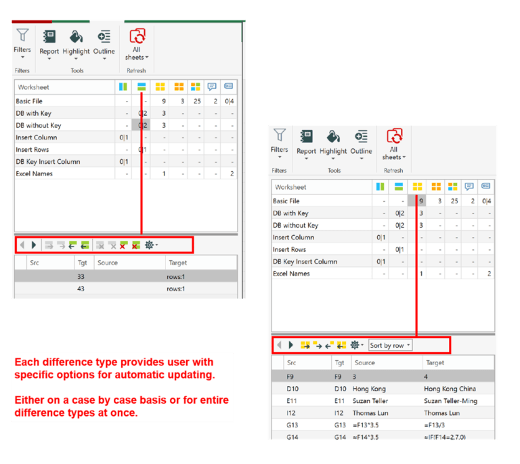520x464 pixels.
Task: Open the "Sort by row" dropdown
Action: pyautogui.click(x=391, y=345)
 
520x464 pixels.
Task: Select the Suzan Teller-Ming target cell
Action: pyautogui.click(x=450, y=401)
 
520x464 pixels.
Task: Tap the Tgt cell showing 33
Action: pyautogui.click(x=81, y=276)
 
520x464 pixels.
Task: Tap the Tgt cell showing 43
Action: pyautogui.click(x=81, y=289)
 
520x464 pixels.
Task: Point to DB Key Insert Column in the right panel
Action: pyautogui.click(x=305, y=262)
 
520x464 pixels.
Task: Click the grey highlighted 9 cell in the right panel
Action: pyautogui.click(x=421, y=201)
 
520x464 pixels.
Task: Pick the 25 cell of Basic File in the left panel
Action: pyautogui.click(x=196, y=102)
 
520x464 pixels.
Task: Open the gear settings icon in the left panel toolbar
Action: pyautogui.click(x=150, y=245)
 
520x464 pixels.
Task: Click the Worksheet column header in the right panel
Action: pyautogui.click(x=290, y=187)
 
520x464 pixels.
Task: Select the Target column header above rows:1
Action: pyautogui.click(x=177, y=263)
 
